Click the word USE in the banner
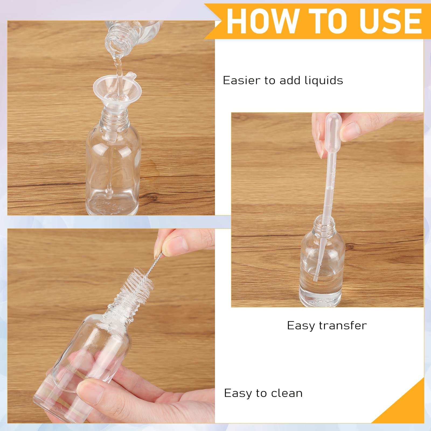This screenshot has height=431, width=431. [x=391, y=21]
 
